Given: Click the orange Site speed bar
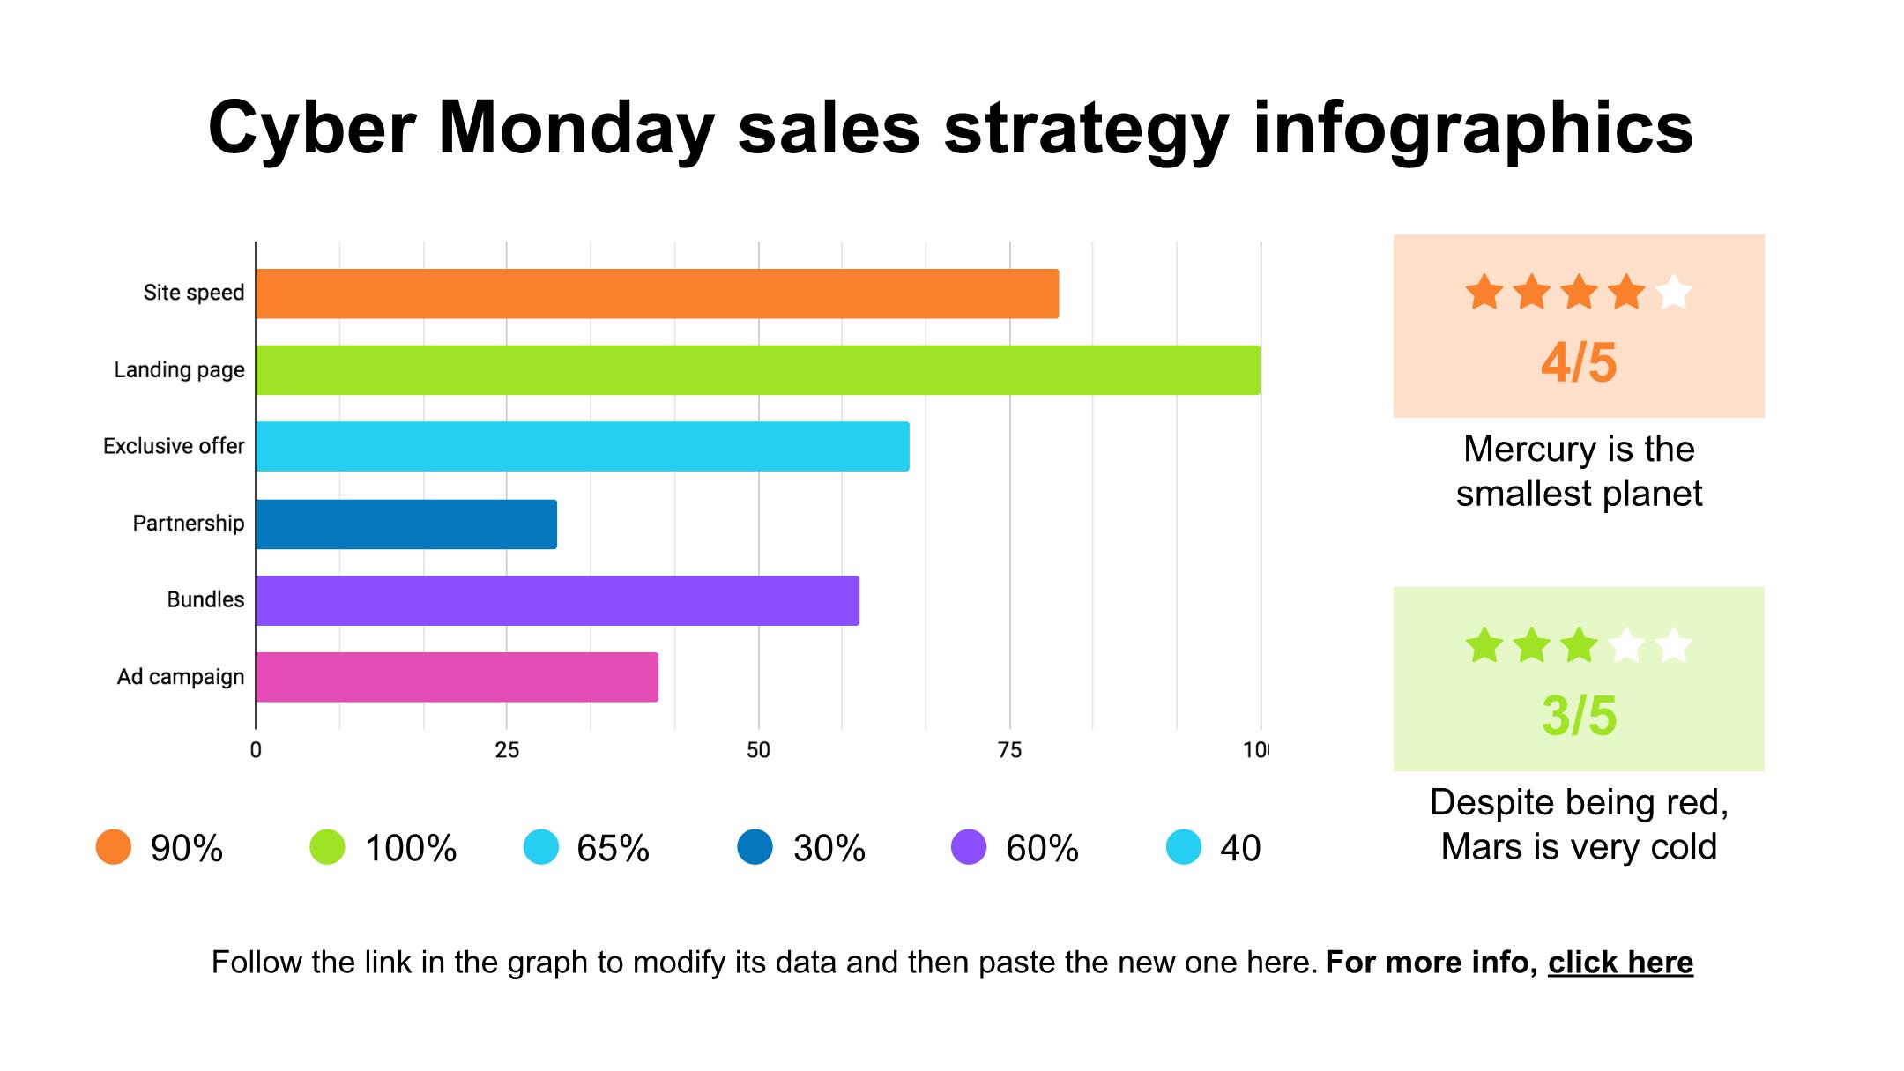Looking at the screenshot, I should pos(657,294).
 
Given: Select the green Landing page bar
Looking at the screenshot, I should pos(758,370).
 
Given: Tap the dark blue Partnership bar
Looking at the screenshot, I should pos(406,524).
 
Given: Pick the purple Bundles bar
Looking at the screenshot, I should pos(557,601).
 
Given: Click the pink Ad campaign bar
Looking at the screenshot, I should pos(457,677).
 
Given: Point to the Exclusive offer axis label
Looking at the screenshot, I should pos(174,447).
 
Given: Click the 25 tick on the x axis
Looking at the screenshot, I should pos(507,751).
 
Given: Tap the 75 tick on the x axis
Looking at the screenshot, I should pos(1009,751).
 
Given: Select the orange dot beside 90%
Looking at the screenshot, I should pos(114,847).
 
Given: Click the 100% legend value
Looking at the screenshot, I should pos(411,848).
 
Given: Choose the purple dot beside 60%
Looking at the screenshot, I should pos(969,847).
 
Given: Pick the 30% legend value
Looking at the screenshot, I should pos(829,848).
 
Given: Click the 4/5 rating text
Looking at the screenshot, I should pos(1579,362).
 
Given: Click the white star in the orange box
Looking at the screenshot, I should pos(1673,293).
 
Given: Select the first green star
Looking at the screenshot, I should pos(1484,646).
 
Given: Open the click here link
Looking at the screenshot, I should pos(1620,963).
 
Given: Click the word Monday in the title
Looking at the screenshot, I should pos(576,128).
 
